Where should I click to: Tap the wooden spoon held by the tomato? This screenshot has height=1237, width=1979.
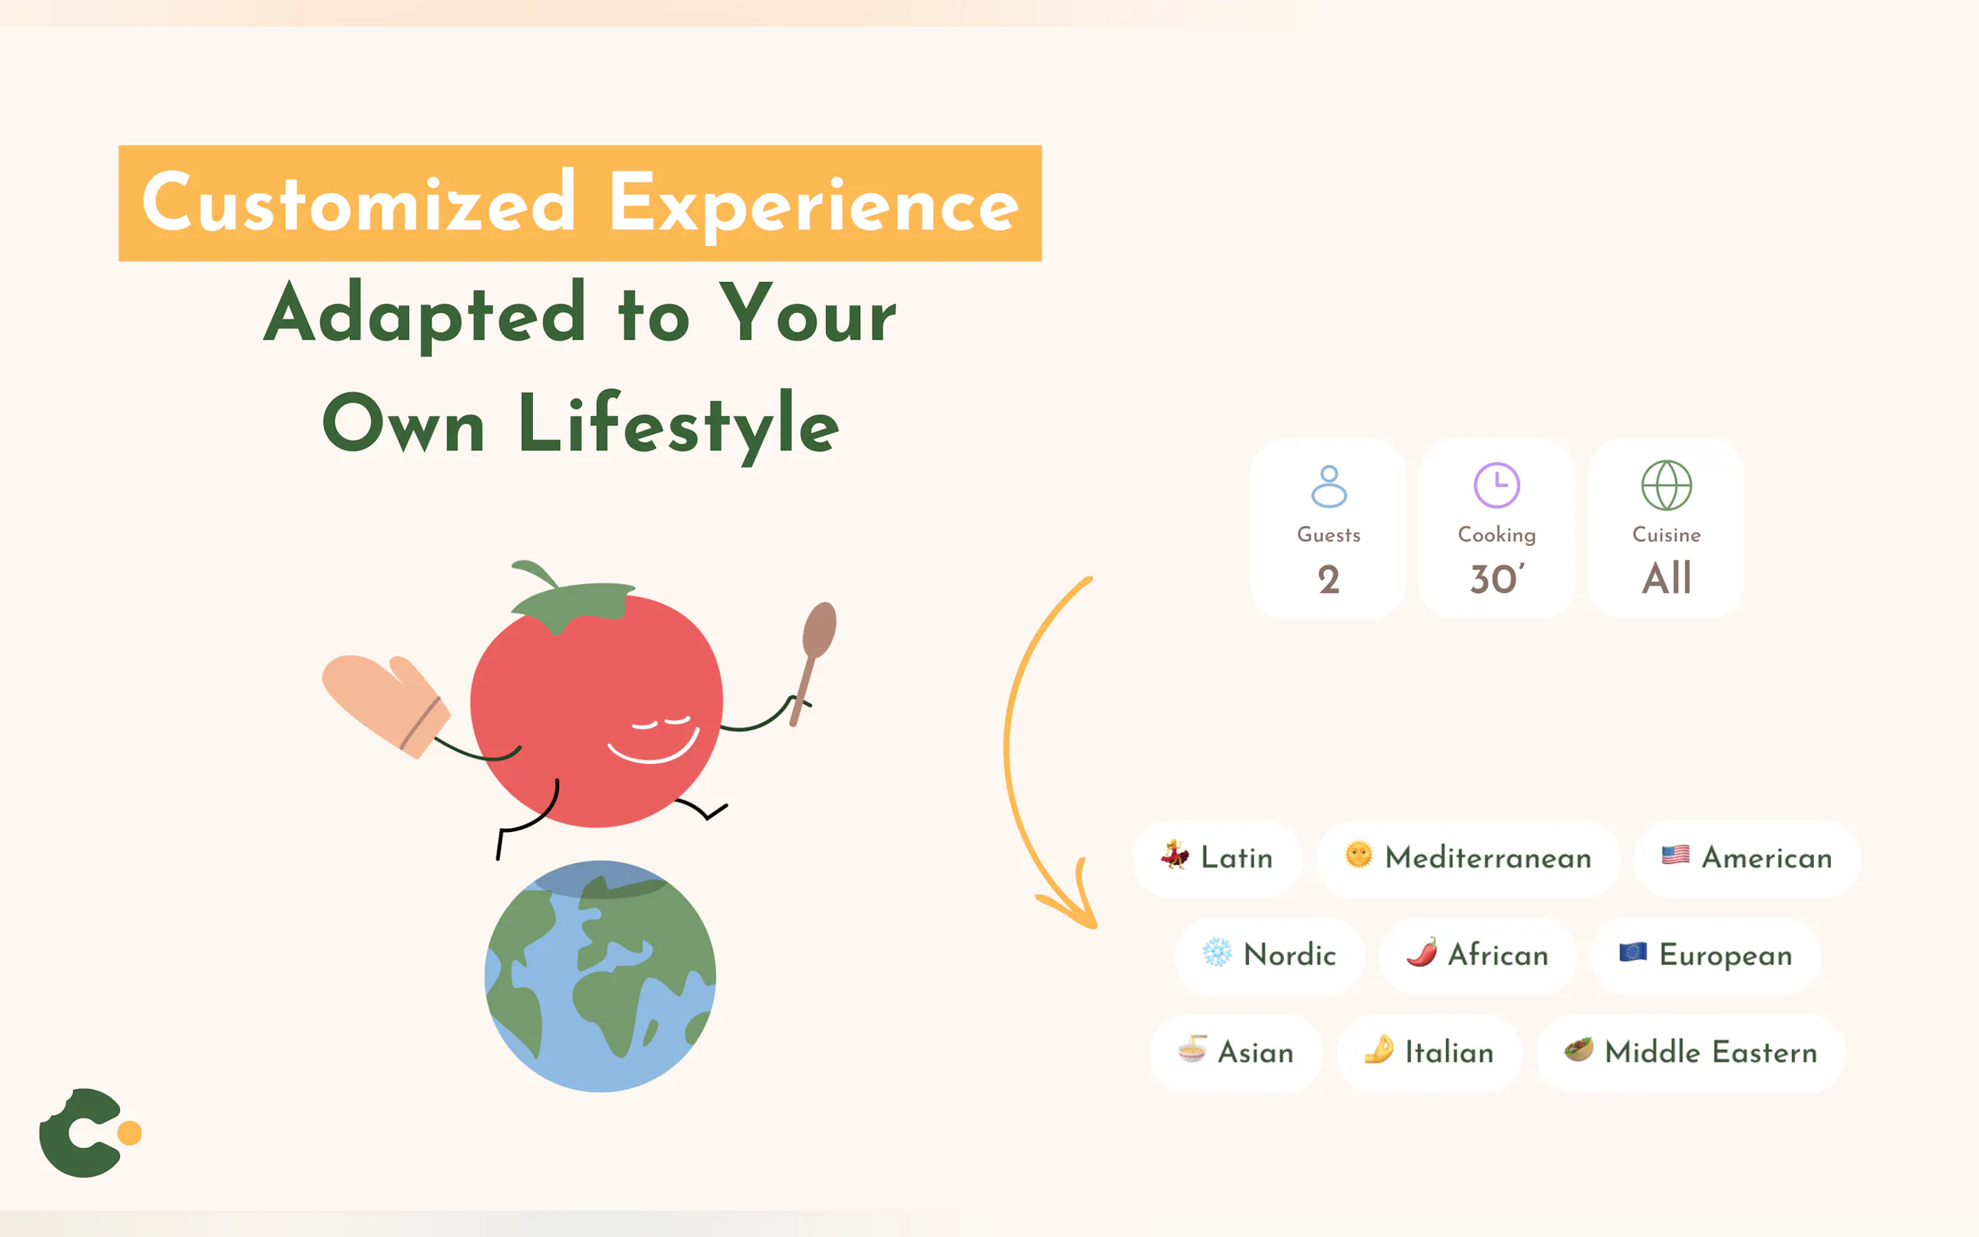(x=813, y=663)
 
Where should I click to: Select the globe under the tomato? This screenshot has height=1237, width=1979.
(x=600, y=976)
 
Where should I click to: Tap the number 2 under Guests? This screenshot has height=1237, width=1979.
(x=1328, y=580)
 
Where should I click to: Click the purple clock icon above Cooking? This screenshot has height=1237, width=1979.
(x=1496, y=485)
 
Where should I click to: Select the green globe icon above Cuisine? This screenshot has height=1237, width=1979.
(x=1667, y=485)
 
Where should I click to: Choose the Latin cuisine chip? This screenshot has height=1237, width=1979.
(x=1217, y=858)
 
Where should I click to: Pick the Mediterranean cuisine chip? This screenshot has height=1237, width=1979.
(x=1468, y=858)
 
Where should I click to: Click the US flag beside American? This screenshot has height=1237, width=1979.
(x=1675, y=855)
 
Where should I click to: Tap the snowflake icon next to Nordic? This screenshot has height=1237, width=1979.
(x=1216, y=953)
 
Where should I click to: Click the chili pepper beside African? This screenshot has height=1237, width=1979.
(x=1422, y=953)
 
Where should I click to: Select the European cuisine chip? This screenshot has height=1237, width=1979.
(x=1706, y=956)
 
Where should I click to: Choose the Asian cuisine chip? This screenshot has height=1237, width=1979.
(x=1236, y=1053)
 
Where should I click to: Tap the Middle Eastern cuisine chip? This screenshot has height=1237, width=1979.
(x=1691, y=1053)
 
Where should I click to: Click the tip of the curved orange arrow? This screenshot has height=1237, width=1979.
(x=1095, y=927)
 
